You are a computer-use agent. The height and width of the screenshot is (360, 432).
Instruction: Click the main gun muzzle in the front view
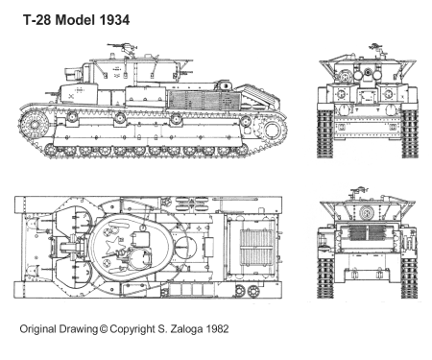coord(367,71)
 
